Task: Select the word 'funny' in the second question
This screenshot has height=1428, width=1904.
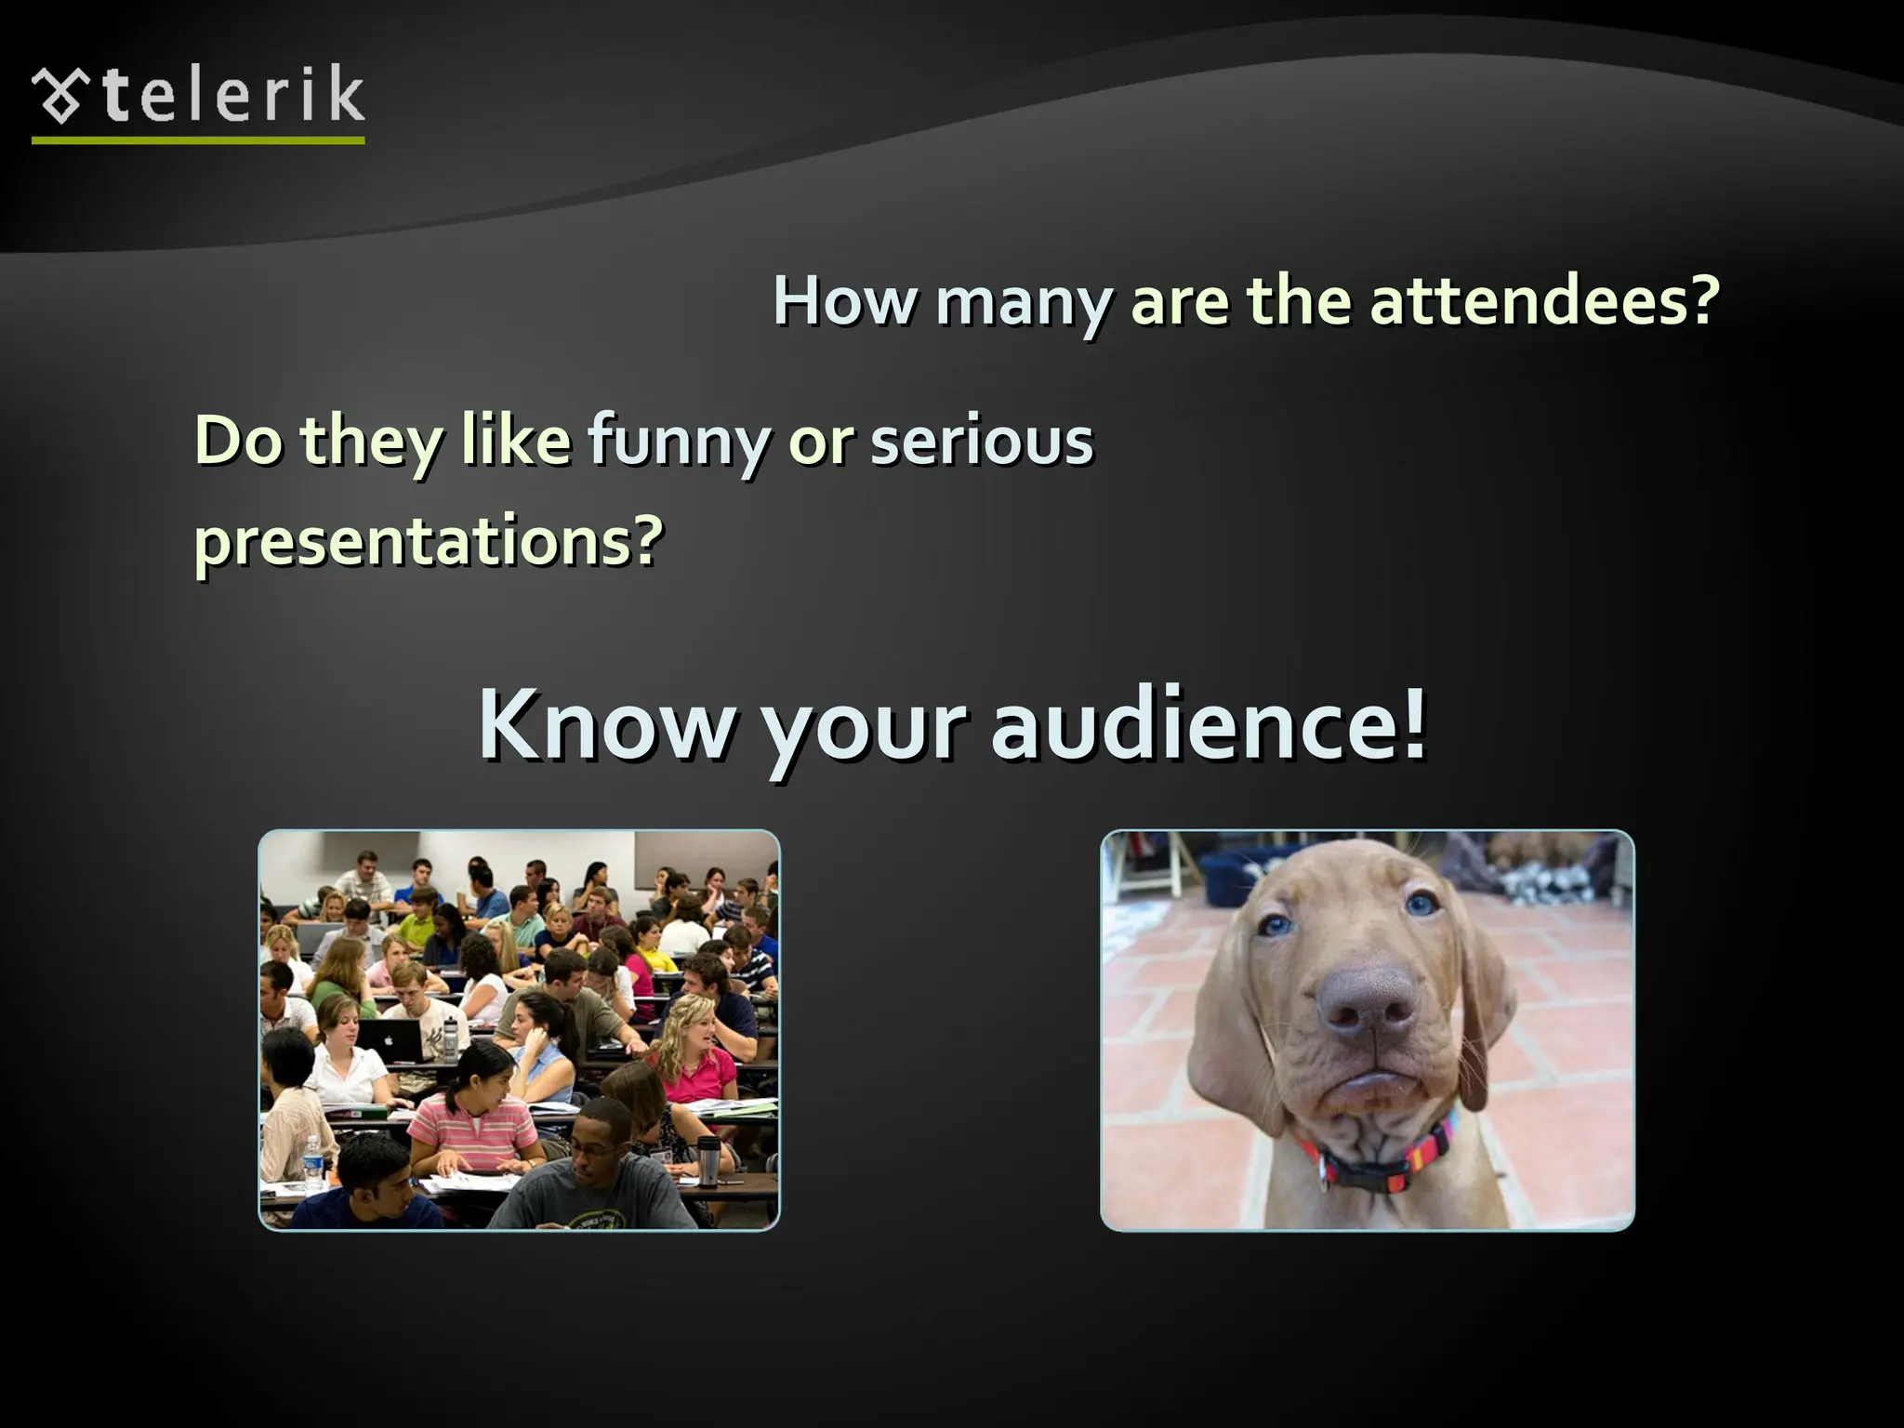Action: click(x=678, y=442)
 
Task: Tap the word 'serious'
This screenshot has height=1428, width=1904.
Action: click(x=982, y=442)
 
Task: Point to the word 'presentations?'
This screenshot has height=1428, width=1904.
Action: click(x=429, y=541)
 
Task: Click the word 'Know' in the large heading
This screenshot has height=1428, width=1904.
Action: click(x=607, y=725)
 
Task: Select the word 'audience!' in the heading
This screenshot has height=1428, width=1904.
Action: click(x=1208, y=725)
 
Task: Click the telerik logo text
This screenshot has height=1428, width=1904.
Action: click(x=232, y=96)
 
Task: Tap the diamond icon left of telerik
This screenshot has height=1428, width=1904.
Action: click(x=61, y=96)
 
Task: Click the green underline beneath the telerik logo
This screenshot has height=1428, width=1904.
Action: click(x=198, y=140)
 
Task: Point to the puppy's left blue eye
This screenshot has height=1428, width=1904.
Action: click(x=1276, y=925)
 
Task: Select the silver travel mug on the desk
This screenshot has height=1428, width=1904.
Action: click(x=708, y=1159)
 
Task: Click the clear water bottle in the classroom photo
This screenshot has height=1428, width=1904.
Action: click(x=312, y=1163)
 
